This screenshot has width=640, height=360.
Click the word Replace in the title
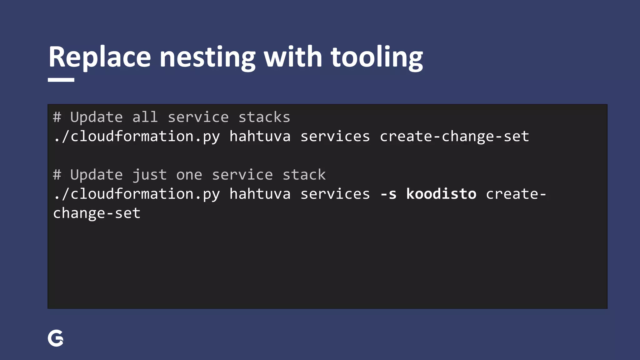[99, 57]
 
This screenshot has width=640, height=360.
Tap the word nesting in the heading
[207, 57]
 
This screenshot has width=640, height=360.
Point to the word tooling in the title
[377, 57]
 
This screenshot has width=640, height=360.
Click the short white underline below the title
[61, 80]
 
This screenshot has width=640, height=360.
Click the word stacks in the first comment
[264, 117]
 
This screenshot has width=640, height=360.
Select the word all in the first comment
[145, 117]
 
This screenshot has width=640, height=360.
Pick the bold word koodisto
[441, 194]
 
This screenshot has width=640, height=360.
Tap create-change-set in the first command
[454, 136]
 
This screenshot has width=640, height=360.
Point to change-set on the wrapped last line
[97, 213]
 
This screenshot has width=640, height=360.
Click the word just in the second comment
[149, 175]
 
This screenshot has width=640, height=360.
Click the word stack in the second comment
[304, 175]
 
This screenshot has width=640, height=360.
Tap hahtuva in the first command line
[260, 136]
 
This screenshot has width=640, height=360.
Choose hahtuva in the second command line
[260, 194]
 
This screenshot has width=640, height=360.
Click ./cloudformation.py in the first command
[137, 136]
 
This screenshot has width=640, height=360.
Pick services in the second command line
[335, 194]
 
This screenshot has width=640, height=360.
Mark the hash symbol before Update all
[57, 117]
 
